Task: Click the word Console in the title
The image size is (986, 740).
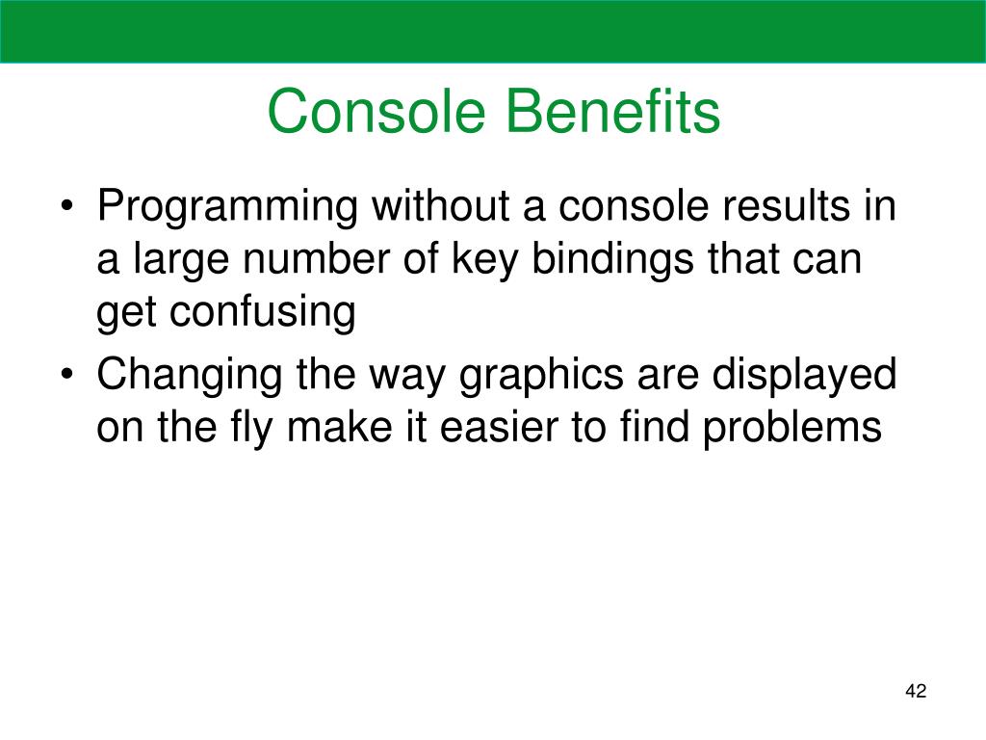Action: click(376, 112)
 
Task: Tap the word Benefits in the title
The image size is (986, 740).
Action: click(613, 111)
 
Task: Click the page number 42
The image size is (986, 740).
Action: click(916, 691)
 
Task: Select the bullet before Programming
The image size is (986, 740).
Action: click(67, 208)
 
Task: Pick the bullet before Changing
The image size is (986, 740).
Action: click(67, 375)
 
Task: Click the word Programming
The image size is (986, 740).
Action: click(227, 208)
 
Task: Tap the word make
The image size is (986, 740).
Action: click(340, 426)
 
